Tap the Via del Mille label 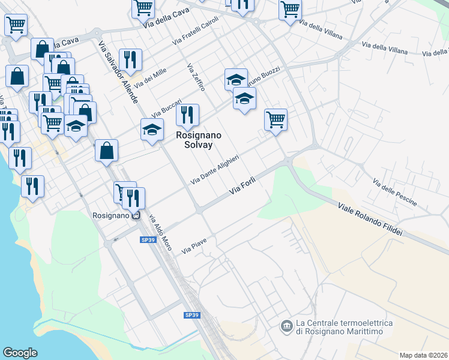click(151, 79)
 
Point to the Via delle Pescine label click(394, 193)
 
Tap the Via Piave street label click(194, 247)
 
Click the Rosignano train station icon click(137, 215)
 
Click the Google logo click(20, 353)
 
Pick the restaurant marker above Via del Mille click(130, 59)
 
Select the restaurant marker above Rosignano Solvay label click(188, 114)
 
